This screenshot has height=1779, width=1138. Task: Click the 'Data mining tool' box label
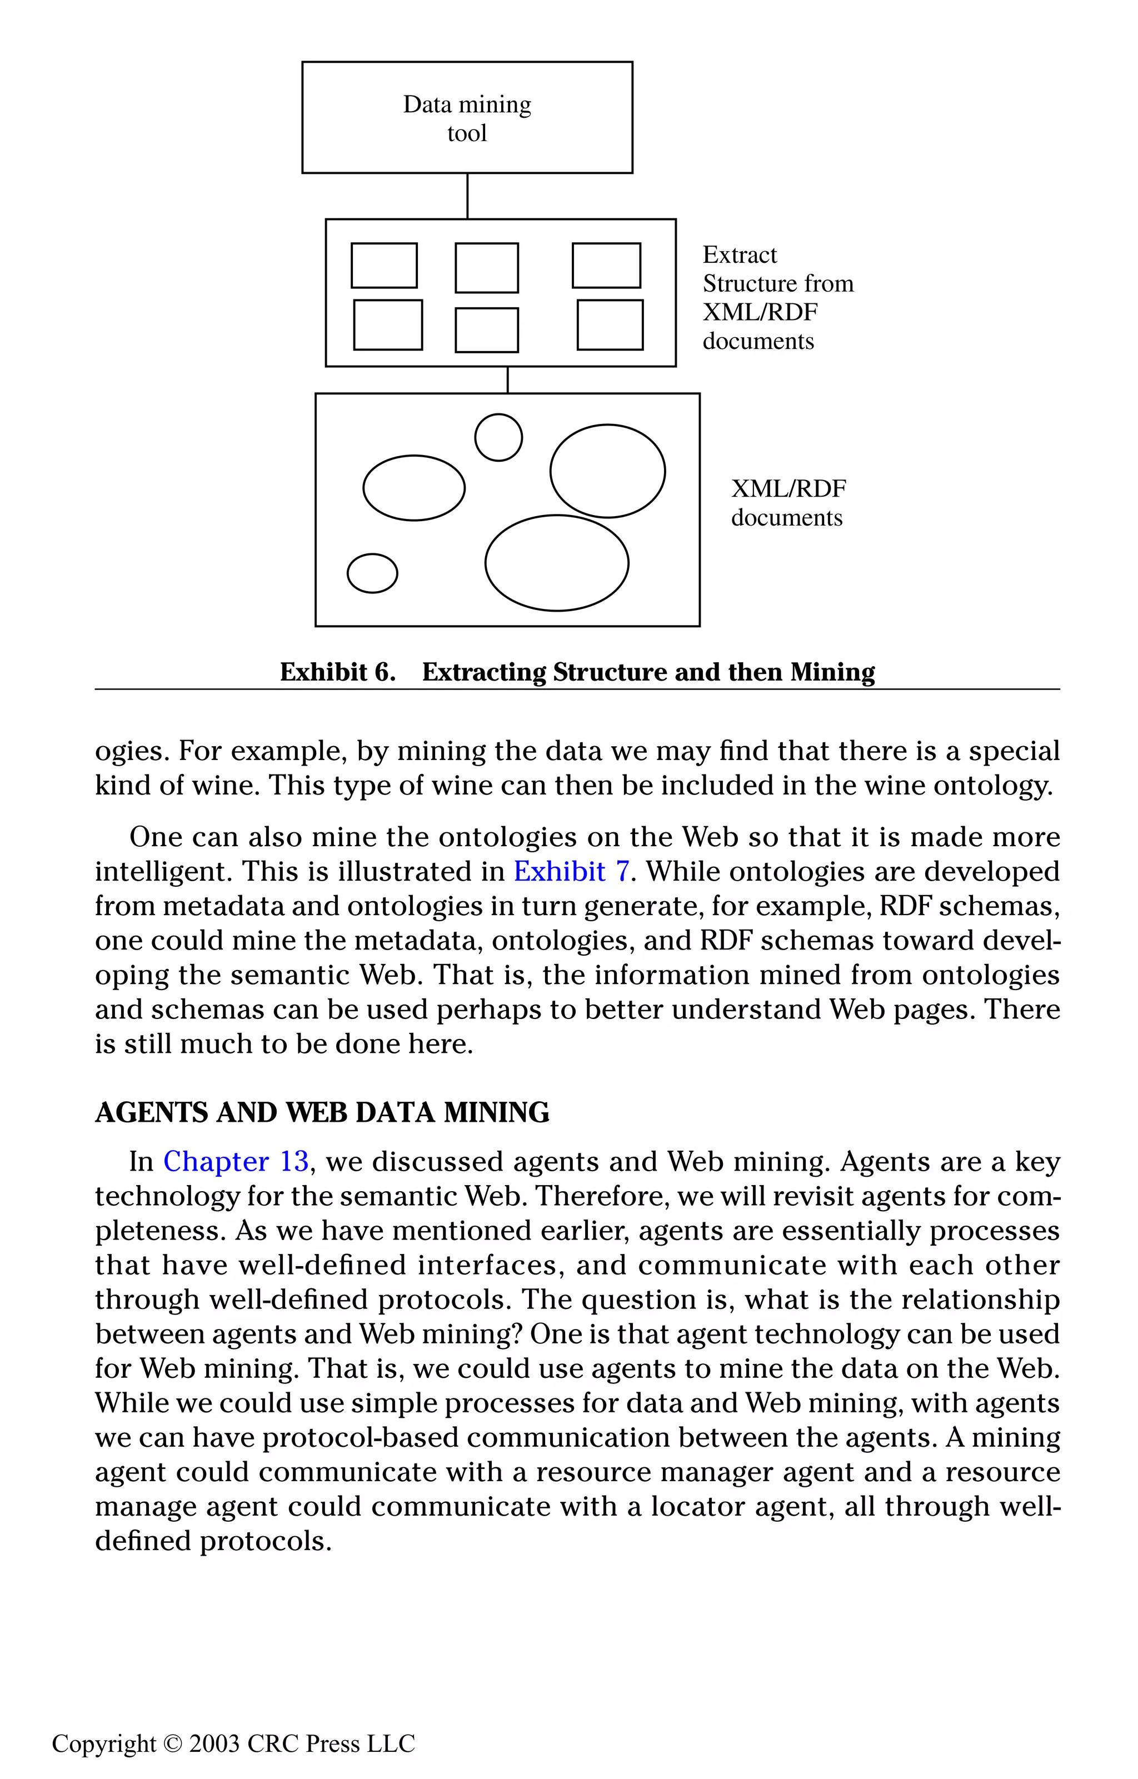point(467,118)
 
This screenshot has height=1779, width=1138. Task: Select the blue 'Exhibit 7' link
point(571,872)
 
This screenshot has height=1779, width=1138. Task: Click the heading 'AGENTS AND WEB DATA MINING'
point(322,1113)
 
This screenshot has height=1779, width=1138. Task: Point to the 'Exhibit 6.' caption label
point(338,672)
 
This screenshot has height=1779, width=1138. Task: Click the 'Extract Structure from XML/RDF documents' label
point(777,298)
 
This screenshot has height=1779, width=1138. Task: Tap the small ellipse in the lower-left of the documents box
point(372,573)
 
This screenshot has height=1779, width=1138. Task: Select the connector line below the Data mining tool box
point(467,196)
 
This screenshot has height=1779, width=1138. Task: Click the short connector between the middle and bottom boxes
point(508,379)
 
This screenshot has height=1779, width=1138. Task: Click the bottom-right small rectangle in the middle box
point(610,324)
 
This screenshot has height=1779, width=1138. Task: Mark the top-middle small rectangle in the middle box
point(486,267)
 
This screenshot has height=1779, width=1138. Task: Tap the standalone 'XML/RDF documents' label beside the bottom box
point(788,502)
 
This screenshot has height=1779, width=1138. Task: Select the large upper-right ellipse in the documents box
point(607,471)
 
